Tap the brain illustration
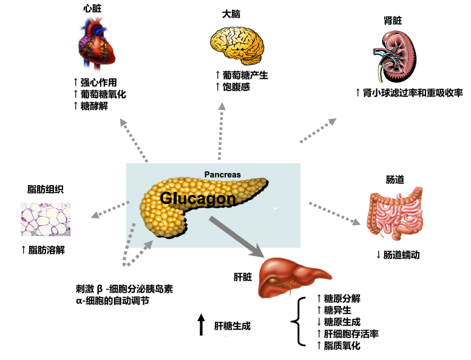(x=237, y=44)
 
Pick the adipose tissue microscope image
(x=46, y=219)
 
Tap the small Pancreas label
(x=222, y=175)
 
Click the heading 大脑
(x=231, y=13)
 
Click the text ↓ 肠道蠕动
(x=398, y=255)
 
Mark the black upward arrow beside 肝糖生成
(x=202, y=325)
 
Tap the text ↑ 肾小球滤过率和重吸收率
(x=409, y=93)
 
